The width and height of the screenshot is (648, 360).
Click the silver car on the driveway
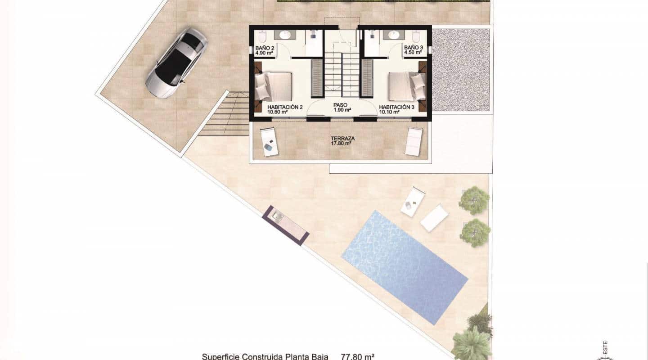[x=176, y=63]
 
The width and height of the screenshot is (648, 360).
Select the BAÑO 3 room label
[x=413, y=49]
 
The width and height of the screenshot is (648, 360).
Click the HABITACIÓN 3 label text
[x=396, y=109]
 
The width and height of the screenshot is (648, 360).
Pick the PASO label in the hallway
[x=341, y=107]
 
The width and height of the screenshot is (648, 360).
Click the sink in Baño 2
[x=285, y=35]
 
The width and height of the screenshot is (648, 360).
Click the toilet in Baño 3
[x=417, y=36]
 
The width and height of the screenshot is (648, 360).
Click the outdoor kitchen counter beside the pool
[x=285, y=225]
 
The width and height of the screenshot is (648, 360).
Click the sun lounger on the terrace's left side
[x=269, y=141]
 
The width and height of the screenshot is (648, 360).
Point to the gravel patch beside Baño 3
[x=460, y=70]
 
